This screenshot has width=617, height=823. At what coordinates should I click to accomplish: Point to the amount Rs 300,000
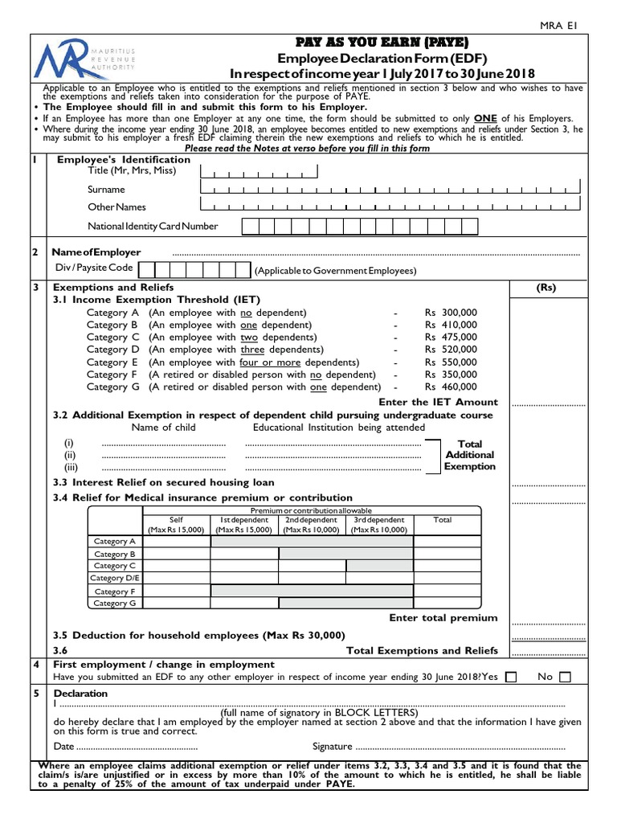(451, 313)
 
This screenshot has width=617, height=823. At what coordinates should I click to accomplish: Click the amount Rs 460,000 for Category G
(451, 387)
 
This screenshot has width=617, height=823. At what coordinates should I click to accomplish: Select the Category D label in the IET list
(113, 350)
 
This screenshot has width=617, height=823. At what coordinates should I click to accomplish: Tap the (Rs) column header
(546, 288)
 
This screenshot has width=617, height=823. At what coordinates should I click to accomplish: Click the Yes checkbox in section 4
(511, 678)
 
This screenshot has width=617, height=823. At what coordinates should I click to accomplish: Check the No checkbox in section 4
(565, 678)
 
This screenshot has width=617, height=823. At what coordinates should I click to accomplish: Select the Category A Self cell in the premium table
(177, 542)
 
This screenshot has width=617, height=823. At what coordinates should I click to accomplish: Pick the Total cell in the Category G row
(447, 603)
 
